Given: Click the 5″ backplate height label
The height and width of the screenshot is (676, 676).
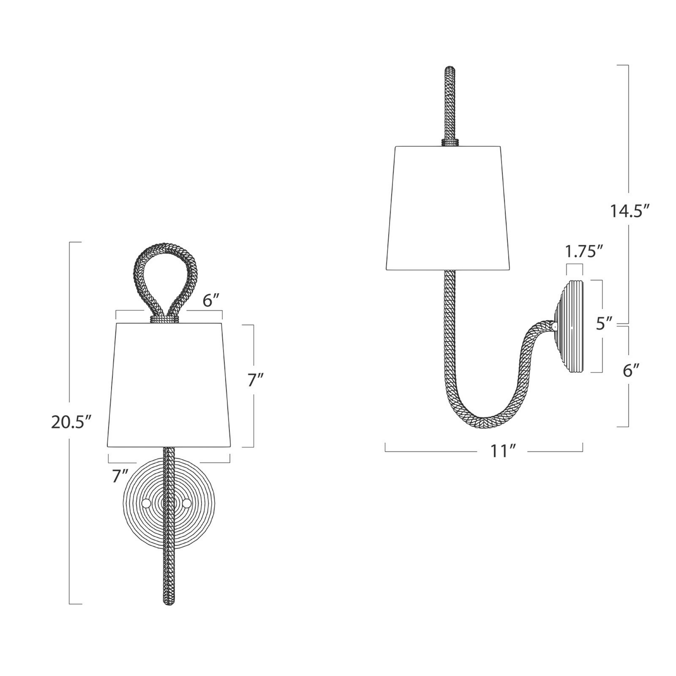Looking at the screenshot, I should click(605, 323).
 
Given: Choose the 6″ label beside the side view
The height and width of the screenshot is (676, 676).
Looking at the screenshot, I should click(631, 371).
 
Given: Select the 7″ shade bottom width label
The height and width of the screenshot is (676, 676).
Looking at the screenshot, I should click(120, 476).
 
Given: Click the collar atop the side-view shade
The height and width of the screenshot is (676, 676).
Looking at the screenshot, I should click(450, 142).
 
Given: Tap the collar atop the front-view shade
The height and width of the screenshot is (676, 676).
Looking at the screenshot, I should click(164, 319).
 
